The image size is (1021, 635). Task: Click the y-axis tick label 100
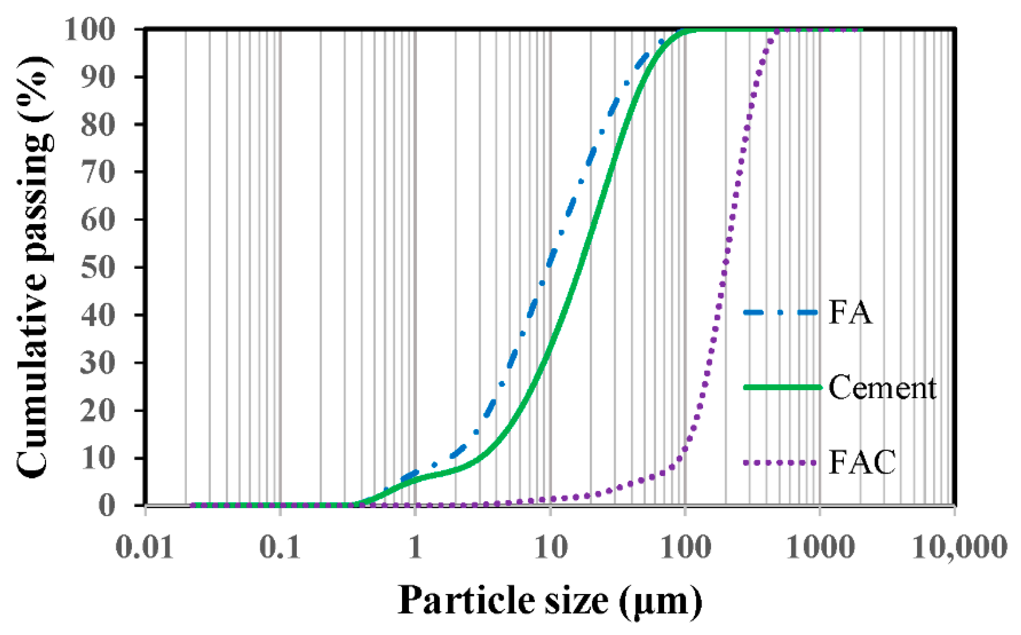click(90, 30)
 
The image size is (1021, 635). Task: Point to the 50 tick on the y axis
click(98, 267)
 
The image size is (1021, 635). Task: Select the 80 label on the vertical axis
click(98, 125)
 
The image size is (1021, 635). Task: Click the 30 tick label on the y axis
click(98, 363)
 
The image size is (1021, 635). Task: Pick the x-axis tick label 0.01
click(145, 547)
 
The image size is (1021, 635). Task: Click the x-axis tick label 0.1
click(279, 547)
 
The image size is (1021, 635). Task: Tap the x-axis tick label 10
click(550, 547)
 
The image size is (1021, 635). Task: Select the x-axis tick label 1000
click(820, 547)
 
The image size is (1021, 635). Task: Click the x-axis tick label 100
click(685, 547)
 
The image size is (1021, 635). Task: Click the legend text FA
click(850, 313)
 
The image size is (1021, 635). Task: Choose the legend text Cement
click(882, 388)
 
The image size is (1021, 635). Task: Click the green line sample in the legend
click(782, 387)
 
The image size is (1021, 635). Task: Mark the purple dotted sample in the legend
click(780, 463)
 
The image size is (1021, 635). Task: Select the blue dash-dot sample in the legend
click(780, 313)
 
